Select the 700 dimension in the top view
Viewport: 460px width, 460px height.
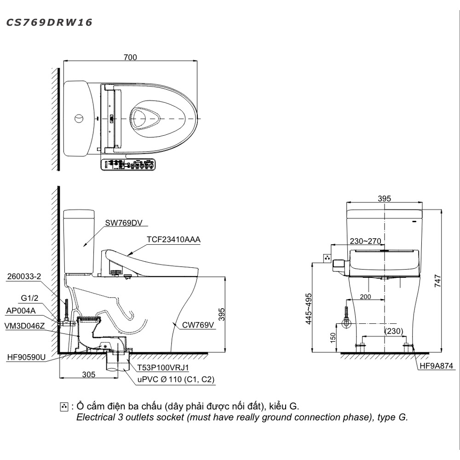pos(130,57)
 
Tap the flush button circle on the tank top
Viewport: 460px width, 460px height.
pos(79,118)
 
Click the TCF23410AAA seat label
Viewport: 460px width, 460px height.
pos(173,240)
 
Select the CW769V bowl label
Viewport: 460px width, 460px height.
pos(198,325)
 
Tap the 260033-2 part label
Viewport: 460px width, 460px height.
pos(24,276)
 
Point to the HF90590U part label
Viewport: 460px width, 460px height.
pos(26,356)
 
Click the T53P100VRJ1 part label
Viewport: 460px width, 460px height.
pos(163,368)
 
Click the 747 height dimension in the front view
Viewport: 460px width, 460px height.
pos(437,281)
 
